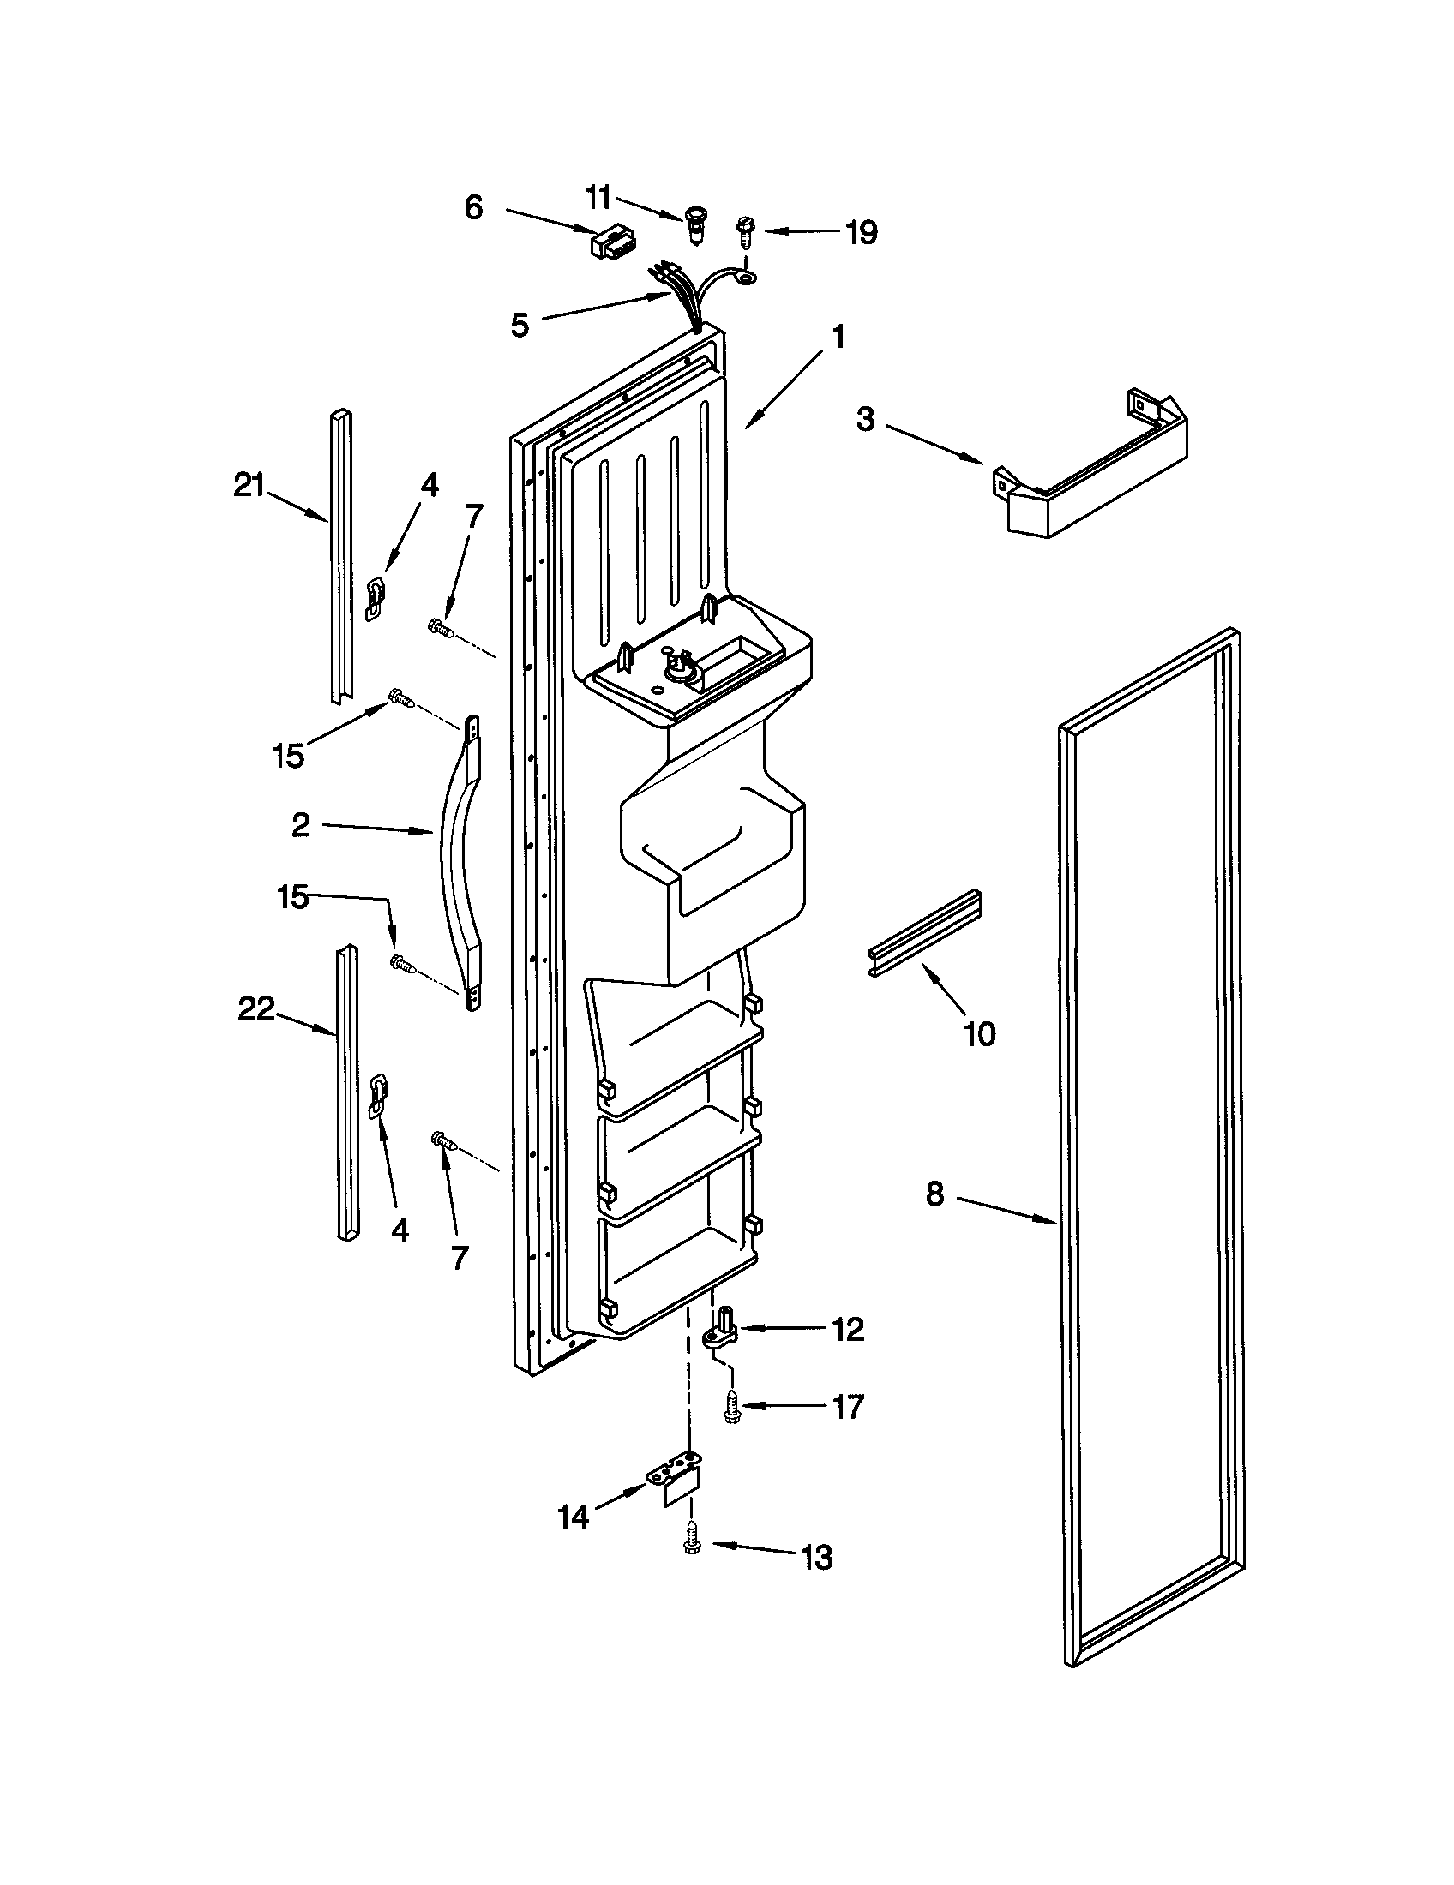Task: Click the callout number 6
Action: [473, 208]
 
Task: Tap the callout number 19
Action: [862, 232]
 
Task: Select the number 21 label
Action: [249, 486]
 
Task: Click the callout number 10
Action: [979, 1033]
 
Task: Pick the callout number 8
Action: [935, 1195]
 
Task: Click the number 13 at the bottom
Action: [816, 1558]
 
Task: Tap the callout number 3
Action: [865, 420]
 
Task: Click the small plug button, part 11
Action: [694, 222]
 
